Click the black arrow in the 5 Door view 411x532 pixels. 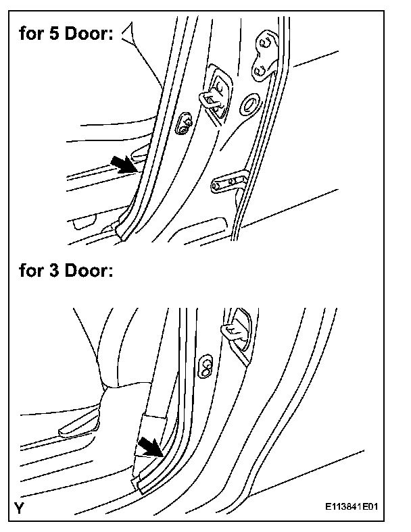[126, 163]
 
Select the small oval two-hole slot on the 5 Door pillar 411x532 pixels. [183, 124]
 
